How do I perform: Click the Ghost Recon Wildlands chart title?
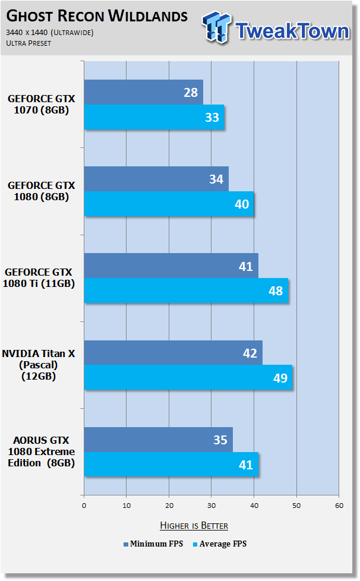click(x=97, y=16)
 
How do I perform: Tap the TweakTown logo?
click(x=276, y=28)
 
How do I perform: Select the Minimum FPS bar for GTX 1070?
click(x=143, y=92)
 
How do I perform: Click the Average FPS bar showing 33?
click(x=154, y=117)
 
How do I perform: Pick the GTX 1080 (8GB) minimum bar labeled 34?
click(x=156, y=179)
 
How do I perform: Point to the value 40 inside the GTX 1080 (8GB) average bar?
click(x=242, y=204)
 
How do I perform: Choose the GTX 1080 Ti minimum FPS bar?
click(x=171, y=266)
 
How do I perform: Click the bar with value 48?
click(x=186, y=291)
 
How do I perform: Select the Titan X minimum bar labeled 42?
click(x=173, y=353)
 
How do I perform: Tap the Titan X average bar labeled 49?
click(x=188, y=378)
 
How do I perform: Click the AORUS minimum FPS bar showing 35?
click(x=159, y=440)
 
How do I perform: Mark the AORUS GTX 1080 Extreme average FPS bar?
click(x=171, y=465)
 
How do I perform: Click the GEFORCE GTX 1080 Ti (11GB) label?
click(x=39, y=278)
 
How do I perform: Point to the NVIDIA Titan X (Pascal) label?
click(x=39, y=365)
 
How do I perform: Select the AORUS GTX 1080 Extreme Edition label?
click(x=42, y=451)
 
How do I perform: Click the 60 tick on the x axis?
click(x=339, y=506)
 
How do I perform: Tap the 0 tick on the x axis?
click(x=84, y=506)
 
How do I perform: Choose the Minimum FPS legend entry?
click(x=153, y=544)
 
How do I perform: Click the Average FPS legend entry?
click(x=220, y=544)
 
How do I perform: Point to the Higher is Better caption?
click(x=194, y=526)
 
